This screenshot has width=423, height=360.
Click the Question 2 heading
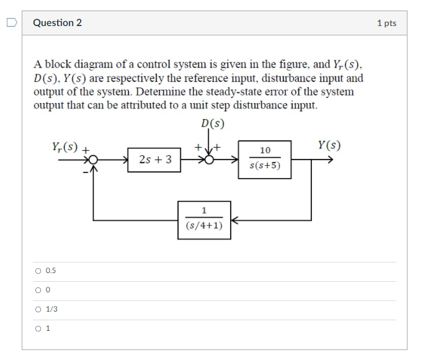[57, 23]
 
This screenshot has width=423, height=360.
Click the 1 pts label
[386, 23]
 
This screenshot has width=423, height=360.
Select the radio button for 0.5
[38, 271]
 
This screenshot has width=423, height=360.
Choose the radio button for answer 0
[38, 290]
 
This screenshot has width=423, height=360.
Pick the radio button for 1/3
[38, 309]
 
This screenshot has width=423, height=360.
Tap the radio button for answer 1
[38, 328]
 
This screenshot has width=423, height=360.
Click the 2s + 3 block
[154, 160]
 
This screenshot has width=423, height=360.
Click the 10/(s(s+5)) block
[265, 159]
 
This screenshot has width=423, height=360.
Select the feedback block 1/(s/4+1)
[204, 220]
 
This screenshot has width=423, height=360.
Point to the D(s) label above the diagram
[212, 123]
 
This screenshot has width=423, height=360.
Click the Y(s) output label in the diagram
[329, 146]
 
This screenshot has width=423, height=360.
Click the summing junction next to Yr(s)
[93, 160]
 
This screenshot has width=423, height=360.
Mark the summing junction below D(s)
[210, 160]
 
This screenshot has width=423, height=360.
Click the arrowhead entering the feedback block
[235, 220]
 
